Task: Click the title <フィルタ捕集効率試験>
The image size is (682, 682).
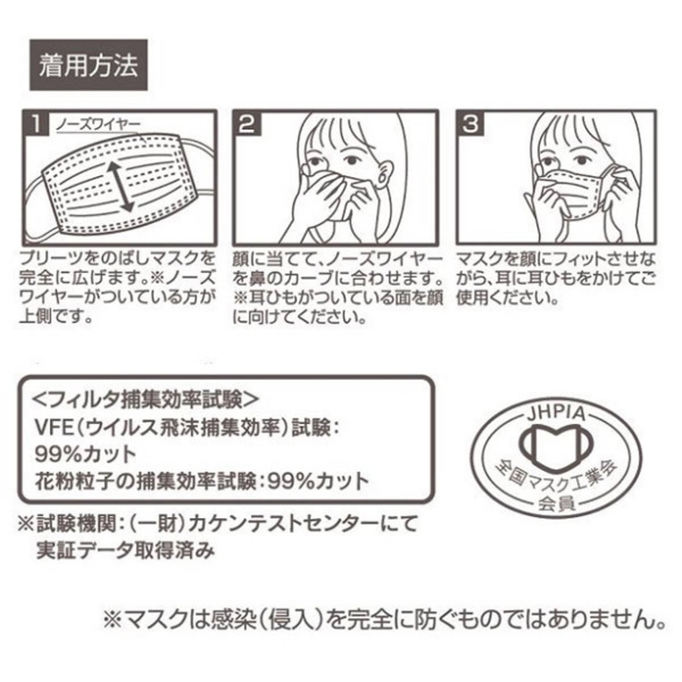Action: click(x=144, y=399)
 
